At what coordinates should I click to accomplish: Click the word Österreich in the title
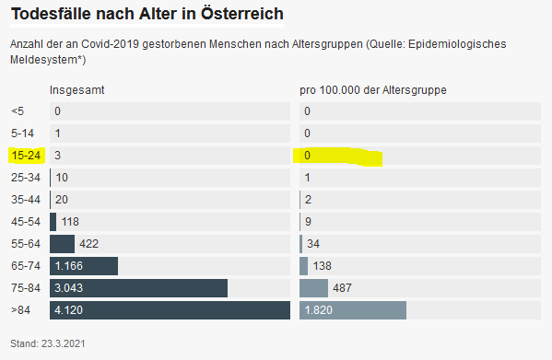[x=242, y=14]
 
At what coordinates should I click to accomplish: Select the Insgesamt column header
[x=77, y=90]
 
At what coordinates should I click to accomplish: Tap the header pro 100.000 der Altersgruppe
[x=373, y=90]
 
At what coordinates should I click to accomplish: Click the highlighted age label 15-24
[x=26, y=156]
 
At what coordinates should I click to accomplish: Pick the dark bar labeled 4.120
[x=170, y=310]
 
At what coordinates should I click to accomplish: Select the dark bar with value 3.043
[x=139, y=288]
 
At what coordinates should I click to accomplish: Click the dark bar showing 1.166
[x=84, y=266]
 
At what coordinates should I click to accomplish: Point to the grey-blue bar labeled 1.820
[x=353, y=310]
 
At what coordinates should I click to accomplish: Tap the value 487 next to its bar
[x=342, y=288]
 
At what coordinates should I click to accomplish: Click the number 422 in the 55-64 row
[x=89, y=244]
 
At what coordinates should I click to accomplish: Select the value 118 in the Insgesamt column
[x=70, y=222]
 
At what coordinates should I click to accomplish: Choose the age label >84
[x=20, y=310]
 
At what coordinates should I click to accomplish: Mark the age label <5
[x=18, y=111]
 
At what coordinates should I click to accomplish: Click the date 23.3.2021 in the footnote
[x=64, y=343]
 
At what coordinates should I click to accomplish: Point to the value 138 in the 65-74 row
[x=323, y=266]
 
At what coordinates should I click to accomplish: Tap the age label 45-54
[x=26, y=222]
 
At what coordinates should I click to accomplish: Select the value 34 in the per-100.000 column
[x=313, y=244]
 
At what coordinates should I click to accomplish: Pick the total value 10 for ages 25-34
[x=62, y=178]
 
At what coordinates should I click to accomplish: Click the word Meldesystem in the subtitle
[x=43, y=60]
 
